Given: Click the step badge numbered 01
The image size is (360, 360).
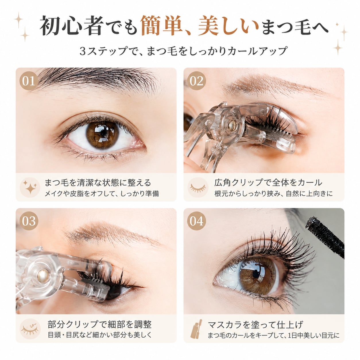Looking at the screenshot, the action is click(x=29, y=81).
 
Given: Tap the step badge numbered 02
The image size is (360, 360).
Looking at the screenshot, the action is click(x=196, y=81).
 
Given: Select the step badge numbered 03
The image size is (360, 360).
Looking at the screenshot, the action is click(x=29, y=221).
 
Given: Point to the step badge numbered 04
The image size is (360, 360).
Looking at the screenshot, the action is click(x=196, y=221).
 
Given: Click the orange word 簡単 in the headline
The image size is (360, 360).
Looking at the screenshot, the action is click(x=161, y=26).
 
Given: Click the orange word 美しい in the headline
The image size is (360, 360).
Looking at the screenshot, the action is click(x=229, y=26).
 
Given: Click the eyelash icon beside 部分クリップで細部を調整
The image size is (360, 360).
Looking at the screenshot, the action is click(x=30, y=329).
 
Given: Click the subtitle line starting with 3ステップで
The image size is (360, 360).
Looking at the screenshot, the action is click(x=183, y=51).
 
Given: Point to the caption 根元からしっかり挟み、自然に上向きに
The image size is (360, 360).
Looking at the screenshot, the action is click(x=274, y=194).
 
